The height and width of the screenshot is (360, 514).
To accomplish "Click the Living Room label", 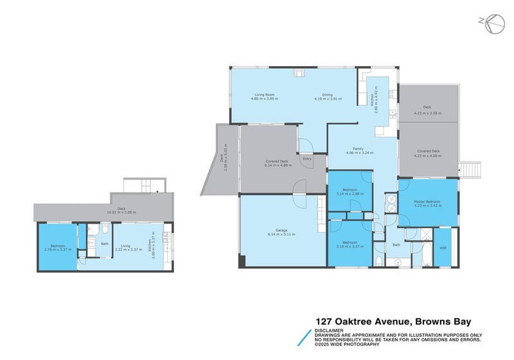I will tap(263, 94).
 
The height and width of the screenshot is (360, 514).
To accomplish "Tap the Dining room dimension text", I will tap(328, 99).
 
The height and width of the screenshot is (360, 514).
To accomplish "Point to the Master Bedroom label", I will tap(427, 202).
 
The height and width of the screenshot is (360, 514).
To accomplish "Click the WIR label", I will tap(443, 248).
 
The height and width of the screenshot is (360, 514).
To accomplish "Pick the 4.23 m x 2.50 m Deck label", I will tap(427, 107).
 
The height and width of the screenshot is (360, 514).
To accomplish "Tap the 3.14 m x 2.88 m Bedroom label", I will tap(350, 190).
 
